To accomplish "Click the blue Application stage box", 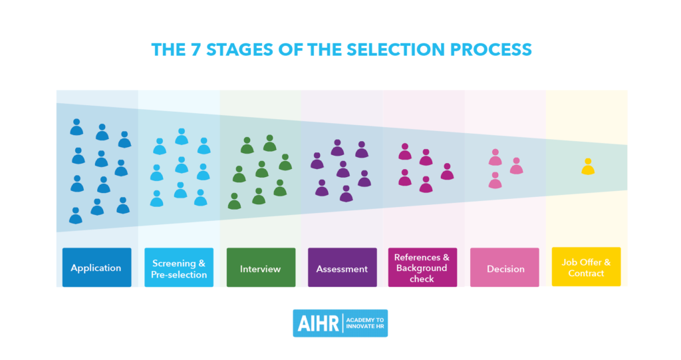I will [96, 268].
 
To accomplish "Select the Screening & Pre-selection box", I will [179, 268].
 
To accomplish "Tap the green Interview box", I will [261, 268].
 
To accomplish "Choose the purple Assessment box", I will [342, 268].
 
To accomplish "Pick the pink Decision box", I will [505, 268].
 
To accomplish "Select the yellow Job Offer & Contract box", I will [586, 268].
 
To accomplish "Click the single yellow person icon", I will [587, 167].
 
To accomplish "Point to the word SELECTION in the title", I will [413, 50].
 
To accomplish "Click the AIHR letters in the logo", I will [317, 323].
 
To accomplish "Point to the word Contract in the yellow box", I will [586, 273].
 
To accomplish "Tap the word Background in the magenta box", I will [422, 268].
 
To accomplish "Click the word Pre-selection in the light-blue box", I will [179, 274].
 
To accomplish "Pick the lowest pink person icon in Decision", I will [495, 180].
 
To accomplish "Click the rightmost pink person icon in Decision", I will [516, 166].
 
